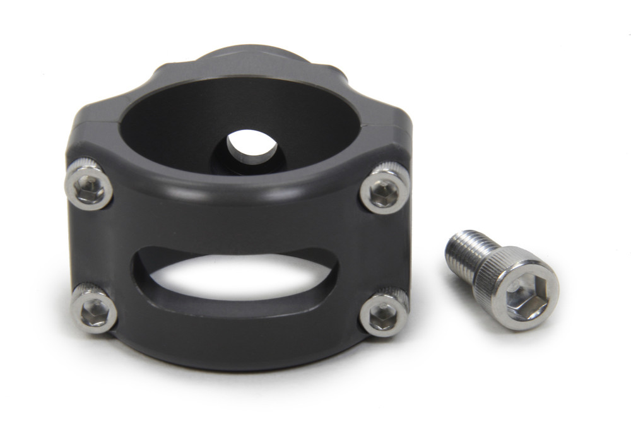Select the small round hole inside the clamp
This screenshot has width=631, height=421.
[x=251, y=147]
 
